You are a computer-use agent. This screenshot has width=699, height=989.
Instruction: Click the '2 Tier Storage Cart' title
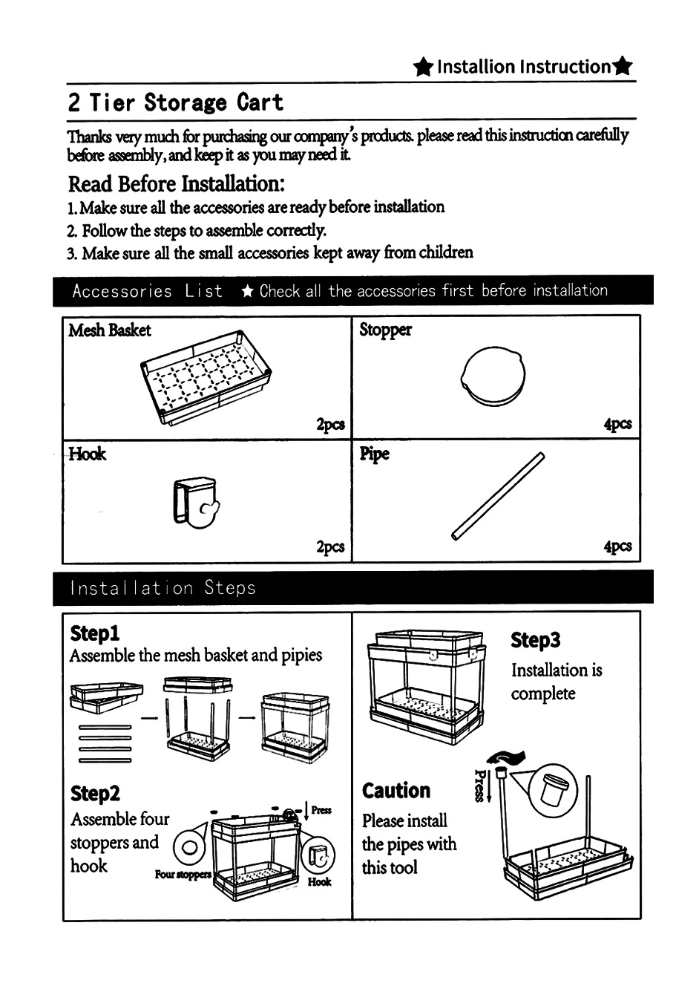coord(175,102)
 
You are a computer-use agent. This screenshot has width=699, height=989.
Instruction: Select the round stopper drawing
coord(493,376)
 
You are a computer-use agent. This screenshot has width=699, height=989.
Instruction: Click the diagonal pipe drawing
coord(499,496)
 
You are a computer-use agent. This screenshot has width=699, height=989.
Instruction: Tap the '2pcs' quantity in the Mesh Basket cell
coord(330,424)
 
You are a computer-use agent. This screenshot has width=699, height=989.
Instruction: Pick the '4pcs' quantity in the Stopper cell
coord(617,424)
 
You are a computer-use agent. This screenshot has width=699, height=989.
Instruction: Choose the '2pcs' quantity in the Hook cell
coord(330,546)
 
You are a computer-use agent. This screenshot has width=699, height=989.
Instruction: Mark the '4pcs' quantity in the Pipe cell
coord(617,546)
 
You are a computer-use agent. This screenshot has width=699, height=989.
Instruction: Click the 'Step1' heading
coord(94,633)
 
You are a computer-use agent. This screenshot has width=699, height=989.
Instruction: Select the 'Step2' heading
coord(95,793)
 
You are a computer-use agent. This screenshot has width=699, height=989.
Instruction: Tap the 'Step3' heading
coord(535,640)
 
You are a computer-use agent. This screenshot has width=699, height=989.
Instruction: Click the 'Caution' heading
coord(396,790)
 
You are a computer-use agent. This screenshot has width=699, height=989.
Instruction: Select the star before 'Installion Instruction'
coord(423,68)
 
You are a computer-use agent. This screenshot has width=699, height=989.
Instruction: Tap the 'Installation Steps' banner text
coord(163,588)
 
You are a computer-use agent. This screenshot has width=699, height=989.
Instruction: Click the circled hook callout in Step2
coord(321,855)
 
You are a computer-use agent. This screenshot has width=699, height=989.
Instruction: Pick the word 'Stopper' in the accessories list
coord(385,330)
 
